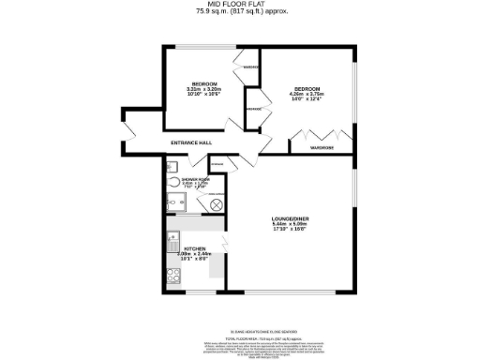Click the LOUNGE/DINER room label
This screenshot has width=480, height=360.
pos(290,219)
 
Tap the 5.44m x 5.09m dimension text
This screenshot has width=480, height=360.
pos(290,225)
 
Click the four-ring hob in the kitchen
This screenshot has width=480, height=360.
pos(173,276)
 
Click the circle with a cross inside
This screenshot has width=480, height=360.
pos(217,203)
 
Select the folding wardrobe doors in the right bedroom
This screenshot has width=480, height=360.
pos(307,140)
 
